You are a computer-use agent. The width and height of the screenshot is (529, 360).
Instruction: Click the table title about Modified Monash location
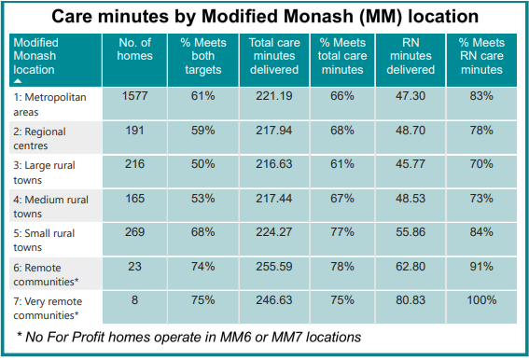(x=264, y=17)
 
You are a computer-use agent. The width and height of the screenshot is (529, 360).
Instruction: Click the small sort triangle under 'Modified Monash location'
(x=18, y=81)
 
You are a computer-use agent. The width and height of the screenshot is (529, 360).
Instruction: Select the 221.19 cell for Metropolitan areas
(x=273, y=95)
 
